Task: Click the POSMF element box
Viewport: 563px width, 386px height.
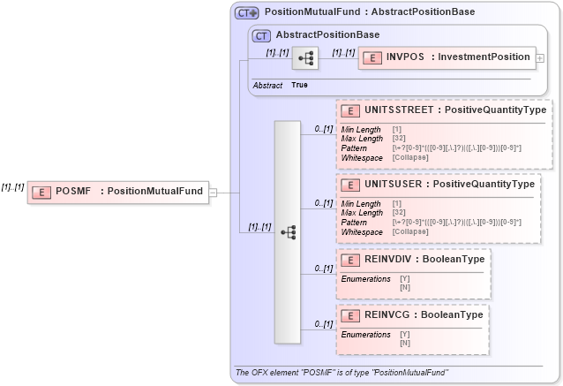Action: pos(118,191)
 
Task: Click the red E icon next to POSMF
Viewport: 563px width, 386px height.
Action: pos(41,191)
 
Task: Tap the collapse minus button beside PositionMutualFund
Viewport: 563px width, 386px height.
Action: pos(213,191)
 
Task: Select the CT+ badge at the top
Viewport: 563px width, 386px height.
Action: pos(246,12)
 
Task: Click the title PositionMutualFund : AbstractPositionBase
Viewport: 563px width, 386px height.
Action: pos(370,12)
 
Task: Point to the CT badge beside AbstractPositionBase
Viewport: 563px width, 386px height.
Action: pos(260,35)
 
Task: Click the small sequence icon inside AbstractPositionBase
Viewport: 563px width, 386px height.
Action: pos(305,58)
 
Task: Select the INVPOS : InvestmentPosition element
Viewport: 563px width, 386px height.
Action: pos(446,57)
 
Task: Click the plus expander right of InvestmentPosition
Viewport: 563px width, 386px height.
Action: pos(540,57)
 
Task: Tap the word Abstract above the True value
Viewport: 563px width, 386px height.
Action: pos(267,85)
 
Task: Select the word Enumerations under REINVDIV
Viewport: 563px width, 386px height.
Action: pos(365,278)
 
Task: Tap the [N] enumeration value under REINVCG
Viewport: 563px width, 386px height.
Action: pos(405,342)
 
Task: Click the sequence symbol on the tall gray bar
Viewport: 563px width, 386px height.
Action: pos(288,232)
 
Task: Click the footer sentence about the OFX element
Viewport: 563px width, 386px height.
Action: pos(342,374)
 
